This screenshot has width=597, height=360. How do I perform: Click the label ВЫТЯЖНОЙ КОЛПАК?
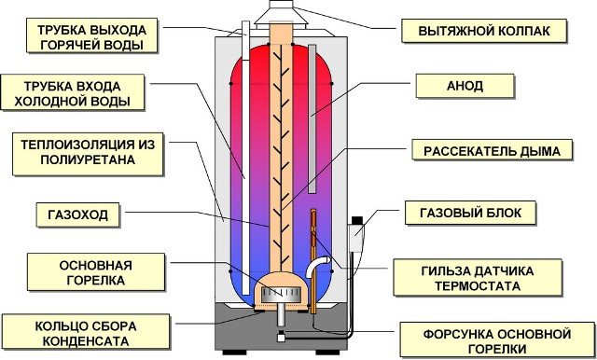(x=484, y=31)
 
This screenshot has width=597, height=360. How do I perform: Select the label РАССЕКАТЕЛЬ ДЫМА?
(x=485, y=150)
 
